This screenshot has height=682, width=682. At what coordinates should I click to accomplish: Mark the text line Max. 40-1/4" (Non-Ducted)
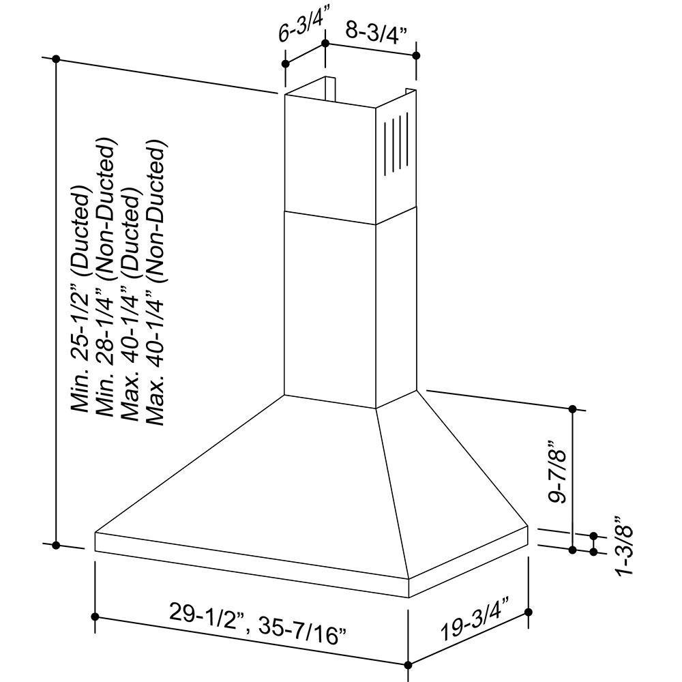[x=155, y=283]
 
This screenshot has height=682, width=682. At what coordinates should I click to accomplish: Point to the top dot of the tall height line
[x=57, y=59]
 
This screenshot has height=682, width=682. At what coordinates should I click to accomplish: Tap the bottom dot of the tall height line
[x=57, y=545]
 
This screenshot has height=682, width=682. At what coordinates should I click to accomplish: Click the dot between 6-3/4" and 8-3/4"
[x=326, y=43]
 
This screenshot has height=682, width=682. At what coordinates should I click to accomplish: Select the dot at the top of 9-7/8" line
[x=573, y=409]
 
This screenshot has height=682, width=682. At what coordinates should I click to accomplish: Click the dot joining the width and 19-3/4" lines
[x=408, y=664]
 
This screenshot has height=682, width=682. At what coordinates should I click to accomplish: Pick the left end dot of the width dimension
[x=95, y=617]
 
